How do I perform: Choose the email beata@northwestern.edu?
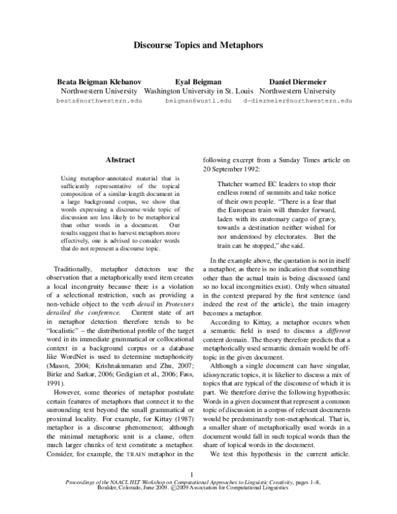[99, 101]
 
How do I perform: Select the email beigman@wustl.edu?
[198, 101]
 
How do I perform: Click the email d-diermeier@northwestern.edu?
[298, 101]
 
